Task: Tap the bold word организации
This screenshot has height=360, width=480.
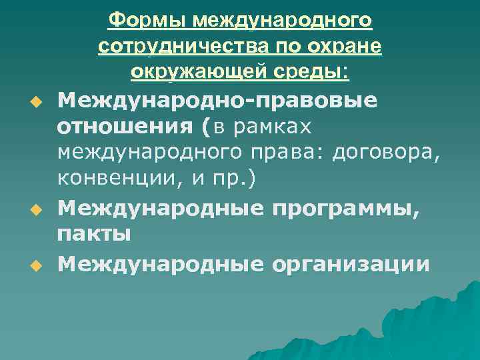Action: [x=350, y=264]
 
